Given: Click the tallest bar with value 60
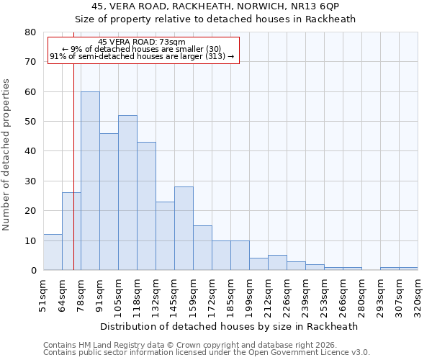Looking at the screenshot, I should click(90, 181).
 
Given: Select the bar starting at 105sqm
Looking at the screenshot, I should click(127, 193).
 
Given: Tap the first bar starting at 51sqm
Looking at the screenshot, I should click(53, 252).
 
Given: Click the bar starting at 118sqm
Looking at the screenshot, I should click(146, 206).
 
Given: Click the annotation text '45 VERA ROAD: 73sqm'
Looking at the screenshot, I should click(142, 42).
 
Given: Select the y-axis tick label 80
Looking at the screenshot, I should click(30, 32).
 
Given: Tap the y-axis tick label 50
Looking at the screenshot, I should click(30, 122).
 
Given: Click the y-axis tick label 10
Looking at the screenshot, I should click(30, 240).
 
